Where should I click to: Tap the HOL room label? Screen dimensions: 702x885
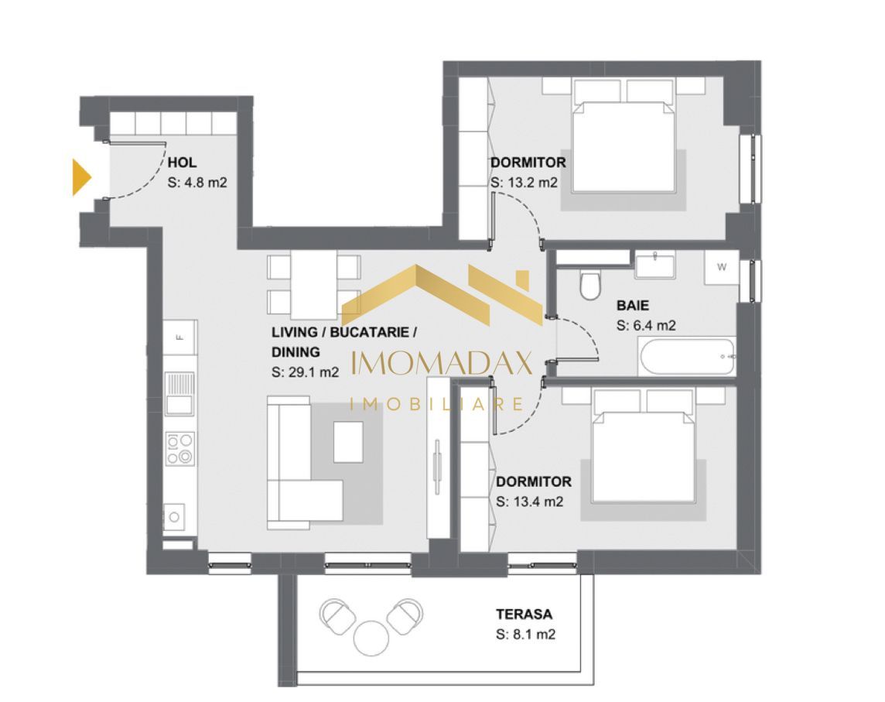point(182,163)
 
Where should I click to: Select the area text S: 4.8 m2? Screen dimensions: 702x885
point(197,183)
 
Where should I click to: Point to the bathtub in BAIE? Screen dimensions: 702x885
point(686,357)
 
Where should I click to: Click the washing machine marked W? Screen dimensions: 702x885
point(721,268)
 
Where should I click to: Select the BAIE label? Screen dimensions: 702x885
point(633,305)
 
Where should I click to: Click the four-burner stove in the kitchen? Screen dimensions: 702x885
point(180,449)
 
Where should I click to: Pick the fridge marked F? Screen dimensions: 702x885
point(180,337)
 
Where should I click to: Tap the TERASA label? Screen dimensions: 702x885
point(525,615)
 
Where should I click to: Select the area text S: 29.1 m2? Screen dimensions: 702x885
point(305,372)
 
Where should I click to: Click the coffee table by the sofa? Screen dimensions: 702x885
point(349,441)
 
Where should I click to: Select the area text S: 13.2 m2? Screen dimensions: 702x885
point(524,183)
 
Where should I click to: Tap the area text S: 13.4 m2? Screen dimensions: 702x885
point(529,502)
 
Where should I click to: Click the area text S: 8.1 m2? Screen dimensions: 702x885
point(525,635)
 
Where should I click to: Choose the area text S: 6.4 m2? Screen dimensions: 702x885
point(646,326)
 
